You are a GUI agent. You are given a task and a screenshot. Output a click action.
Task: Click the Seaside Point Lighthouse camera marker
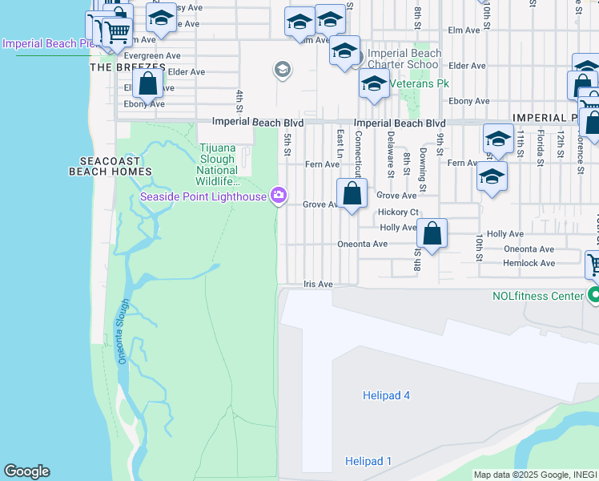click(x=279, y=196)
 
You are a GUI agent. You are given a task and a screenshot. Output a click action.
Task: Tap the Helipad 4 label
click(x=383, y=395)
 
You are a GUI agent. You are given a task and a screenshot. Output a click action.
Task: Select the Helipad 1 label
click(x=368, y=461)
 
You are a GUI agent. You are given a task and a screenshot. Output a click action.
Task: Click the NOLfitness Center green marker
click(x=593, y=296)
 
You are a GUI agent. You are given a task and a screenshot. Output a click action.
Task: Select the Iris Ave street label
click(x=318, y=284)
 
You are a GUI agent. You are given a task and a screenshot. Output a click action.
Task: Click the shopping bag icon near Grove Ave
click(x=352, y=193)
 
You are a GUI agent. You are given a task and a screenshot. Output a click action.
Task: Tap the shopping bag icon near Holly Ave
click(x=432, y=233)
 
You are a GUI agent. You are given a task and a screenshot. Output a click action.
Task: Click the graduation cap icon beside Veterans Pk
click(x=374, y=83)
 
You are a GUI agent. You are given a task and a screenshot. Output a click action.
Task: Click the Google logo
click(x=26, y=471)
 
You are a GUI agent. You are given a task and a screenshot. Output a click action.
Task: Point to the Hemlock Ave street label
click(x=529, y=263)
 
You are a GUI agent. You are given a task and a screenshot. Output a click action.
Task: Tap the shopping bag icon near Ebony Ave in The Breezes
click(x=148, y=83)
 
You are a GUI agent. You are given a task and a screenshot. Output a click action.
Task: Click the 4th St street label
click(x=239, y=100)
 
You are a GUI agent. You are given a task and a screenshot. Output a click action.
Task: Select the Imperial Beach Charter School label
click(x=403, y=59)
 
